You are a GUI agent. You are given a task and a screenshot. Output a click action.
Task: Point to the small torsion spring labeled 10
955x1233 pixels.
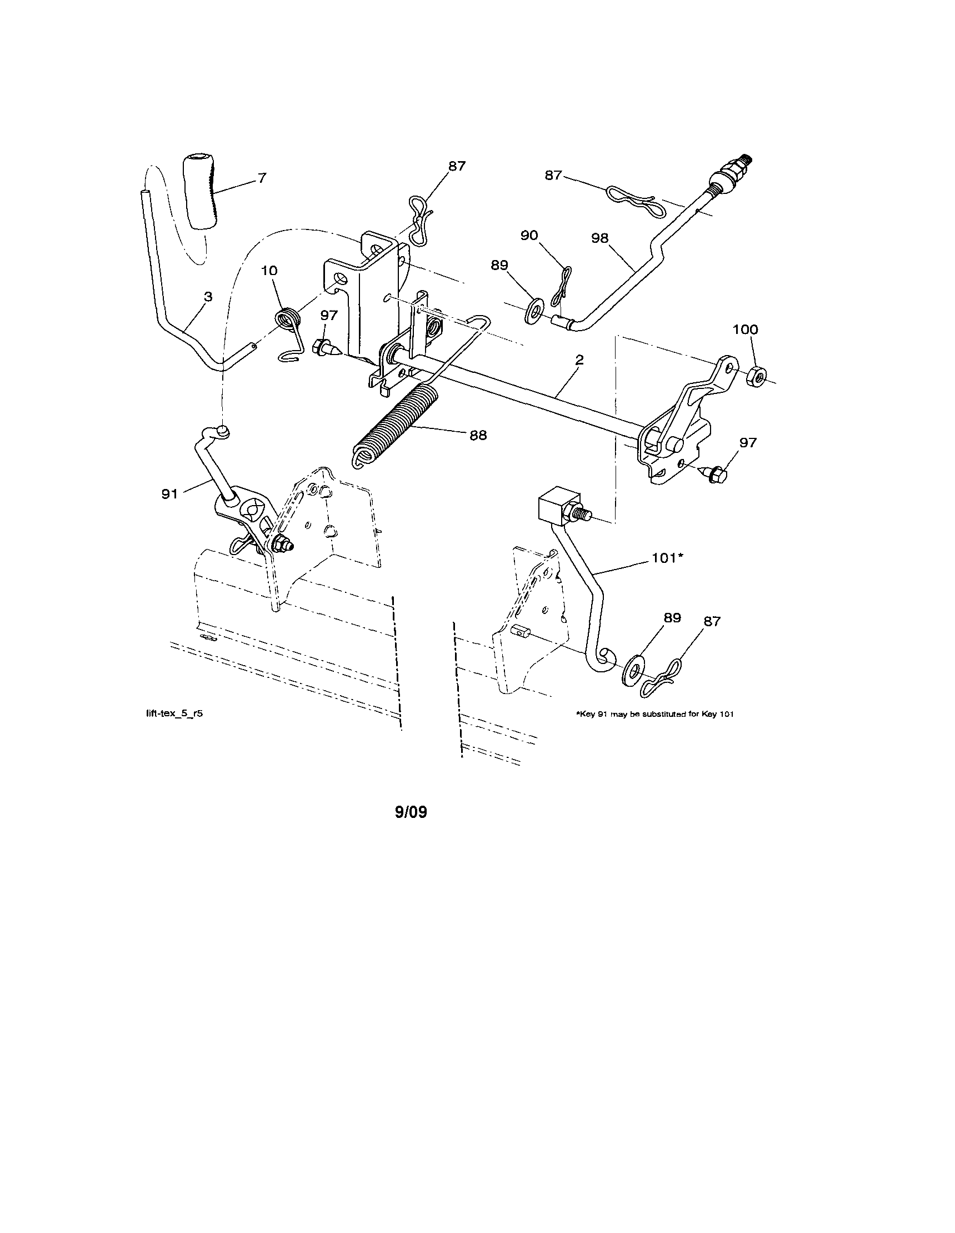[x=289, y=321]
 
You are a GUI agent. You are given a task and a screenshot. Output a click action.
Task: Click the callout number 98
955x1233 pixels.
[x=599, y=238]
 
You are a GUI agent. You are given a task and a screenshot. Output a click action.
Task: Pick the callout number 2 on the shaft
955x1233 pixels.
[x=579, y=359]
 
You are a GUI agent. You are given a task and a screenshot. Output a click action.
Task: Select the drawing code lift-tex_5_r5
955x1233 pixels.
[x=174, y=713]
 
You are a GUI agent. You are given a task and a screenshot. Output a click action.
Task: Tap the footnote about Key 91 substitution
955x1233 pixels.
[x=654, y=714]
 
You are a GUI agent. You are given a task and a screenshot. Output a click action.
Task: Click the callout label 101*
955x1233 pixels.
[x=668, y=558]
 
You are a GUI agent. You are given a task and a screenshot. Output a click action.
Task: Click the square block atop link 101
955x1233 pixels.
[x=557, y=506]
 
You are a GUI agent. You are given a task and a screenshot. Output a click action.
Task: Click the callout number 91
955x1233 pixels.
[x=169, y=494]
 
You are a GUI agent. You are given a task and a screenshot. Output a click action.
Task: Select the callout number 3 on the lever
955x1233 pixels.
[x=208, y=296]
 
